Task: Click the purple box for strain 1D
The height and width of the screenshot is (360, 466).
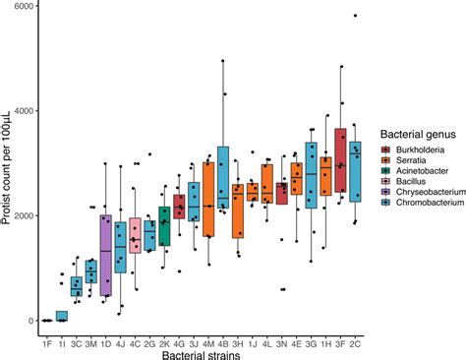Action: [x=106, y=255]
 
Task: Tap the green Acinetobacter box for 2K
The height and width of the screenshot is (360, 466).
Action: [x=164, y=227]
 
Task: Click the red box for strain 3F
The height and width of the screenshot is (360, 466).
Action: [x=340, y=160]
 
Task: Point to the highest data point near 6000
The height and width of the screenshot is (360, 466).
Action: [x=355, y=16]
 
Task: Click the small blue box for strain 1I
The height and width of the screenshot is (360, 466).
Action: [x=62, y=316]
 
